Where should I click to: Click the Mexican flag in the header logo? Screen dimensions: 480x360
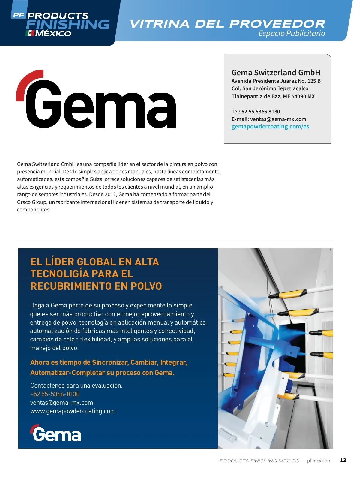[x=30, y=33]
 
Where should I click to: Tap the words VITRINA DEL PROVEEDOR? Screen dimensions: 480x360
[x=227, y=24]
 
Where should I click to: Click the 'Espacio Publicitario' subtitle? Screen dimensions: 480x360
[x=292, y=33]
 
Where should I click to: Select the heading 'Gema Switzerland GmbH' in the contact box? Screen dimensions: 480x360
[x=276, y=73]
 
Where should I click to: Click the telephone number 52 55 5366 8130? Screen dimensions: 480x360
[x=261, y=112]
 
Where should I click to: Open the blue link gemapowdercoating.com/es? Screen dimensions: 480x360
[x=270, y=127]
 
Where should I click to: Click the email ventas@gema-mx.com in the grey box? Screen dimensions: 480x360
[x=278, y=119]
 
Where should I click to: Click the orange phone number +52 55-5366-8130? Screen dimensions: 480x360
[x=55, y=394]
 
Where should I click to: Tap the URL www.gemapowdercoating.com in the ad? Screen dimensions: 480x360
[x=73, y=411]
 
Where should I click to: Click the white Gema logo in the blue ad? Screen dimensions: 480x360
[x=56, y=433]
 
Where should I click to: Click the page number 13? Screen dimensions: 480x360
[x=343, y=460]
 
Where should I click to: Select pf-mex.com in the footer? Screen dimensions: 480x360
[x=319, y=460]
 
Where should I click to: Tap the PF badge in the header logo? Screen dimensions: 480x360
[x=19, y=15]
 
